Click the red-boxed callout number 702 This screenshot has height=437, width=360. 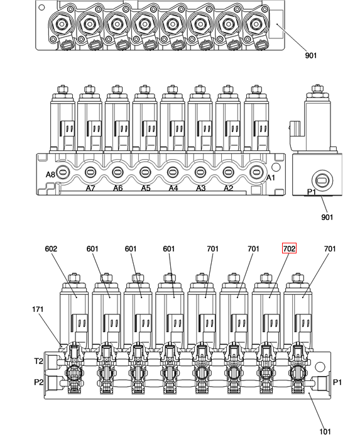289,248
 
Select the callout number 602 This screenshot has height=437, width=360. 51,248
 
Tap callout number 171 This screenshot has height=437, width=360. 38,309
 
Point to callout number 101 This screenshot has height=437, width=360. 325,432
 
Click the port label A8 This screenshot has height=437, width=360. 50,174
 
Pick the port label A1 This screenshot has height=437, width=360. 271,177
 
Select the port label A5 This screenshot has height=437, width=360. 146,189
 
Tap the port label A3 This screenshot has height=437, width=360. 201,189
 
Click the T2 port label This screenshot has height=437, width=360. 39,361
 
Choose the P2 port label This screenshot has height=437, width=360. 39,382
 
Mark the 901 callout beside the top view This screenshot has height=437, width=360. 311,55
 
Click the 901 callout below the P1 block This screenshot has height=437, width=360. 327,217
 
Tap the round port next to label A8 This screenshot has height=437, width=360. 63,172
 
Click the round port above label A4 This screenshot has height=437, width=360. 172,172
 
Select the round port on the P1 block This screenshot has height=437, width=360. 322,180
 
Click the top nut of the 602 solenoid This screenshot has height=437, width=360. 74,278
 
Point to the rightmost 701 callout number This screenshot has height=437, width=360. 330,248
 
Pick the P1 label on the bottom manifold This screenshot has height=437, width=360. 337,382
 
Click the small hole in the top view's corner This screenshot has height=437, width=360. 41,8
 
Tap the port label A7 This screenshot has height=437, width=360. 90,189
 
